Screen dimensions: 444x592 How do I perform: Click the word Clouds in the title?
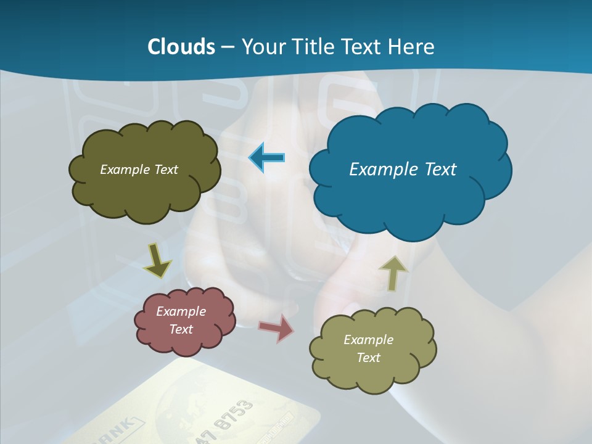tap(181, 47)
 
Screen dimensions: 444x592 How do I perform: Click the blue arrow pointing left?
tap(266, 158)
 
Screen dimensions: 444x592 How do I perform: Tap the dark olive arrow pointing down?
tap(157, 261)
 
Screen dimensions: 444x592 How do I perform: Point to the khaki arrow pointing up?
tap(393, 272)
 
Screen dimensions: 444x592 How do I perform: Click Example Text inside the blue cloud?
tap(403, 170)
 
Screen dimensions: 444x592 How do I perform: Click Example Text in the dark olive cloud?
tap(139, 170)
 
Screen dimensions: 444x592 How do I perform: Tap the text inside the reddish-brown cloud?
tap(181, 320)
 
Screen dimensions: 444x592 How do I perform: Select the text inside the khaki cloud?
tap(368, 348)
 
